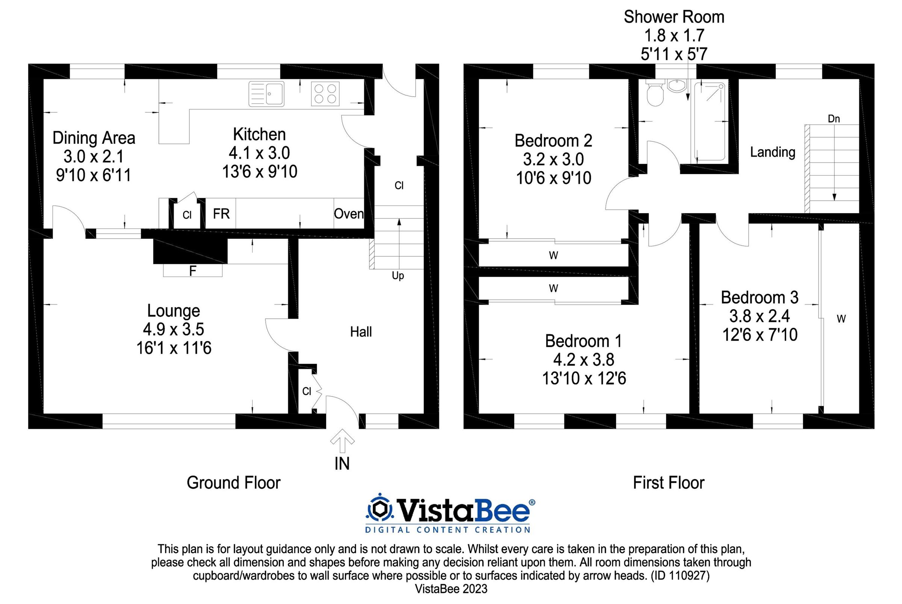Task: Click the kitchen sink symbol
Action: [266, 94]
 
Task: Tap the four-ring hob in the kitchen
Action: [325, 94]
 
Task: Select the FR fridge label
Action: [221, 214]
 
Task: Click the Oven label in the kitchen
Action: [348, 214]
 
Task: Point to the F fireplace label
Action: [192, 271]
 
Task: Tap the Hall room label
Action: [361, 332]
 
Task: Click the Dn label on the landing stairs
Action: [834, 119]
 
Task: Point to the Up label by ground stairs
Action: [398, 276]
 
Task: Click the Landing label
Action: [772, 152]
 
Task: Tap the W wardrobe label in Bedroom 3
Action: [841, 319]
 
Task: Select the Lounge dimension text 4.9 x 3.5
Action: [173, 329]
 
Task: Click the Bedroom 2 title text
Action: [553, 141]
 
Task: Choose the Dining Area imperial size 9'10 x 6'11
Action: [94, 175]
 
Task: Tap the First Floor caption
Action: [669, 483]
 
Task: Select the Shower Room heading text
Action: [673, 17]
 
